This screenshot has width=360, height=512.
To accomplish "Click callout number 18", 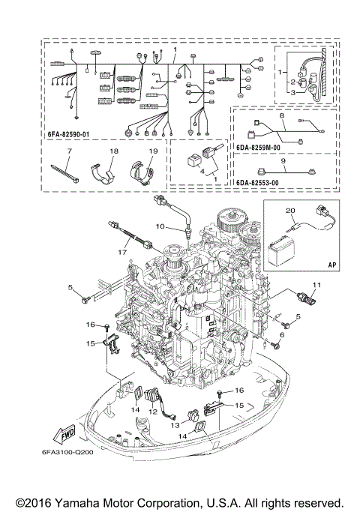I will tap(114, 151).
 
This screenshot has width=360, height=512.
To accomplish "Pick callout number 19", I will tap(152, 151).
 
